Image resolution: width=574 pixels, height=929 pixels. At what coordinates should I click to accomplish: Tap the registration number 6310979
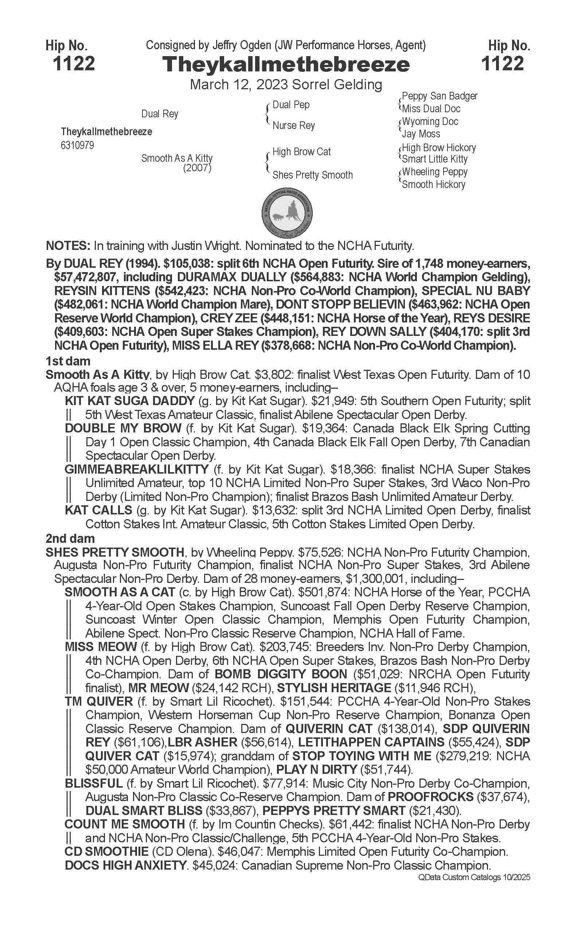[77, 146]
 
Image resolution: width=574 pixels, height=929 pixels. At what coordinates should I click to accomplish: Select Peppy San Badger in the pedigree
[440, 96]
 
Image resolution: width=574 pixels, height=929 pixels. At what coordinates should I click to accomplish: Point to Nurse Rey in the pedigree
[293, 126]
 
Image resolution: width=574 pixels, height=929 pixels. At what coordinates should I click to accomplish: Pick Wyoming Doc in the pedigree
[430, 122]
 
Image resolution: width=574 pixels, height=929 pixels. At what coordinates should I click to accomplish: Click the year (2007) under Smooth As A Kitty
[197, 168]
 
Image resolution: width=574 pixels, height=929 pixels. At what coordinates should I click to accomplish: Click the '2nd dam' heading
[70, 538]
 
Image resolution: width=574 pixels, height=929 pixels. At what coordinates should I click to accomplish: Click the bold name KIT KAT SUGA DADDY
[129, 401]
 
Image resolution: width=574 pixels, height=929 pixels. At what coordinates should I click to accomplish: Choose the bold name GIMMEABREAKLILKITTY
[137, 470]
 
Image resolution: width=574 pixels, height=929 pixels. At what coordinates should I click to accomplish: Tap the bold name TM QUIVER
[99, 701]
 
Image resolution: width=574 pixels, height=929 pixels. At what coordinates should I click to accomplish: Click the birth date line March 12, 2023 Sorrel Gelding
[286, 84]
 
